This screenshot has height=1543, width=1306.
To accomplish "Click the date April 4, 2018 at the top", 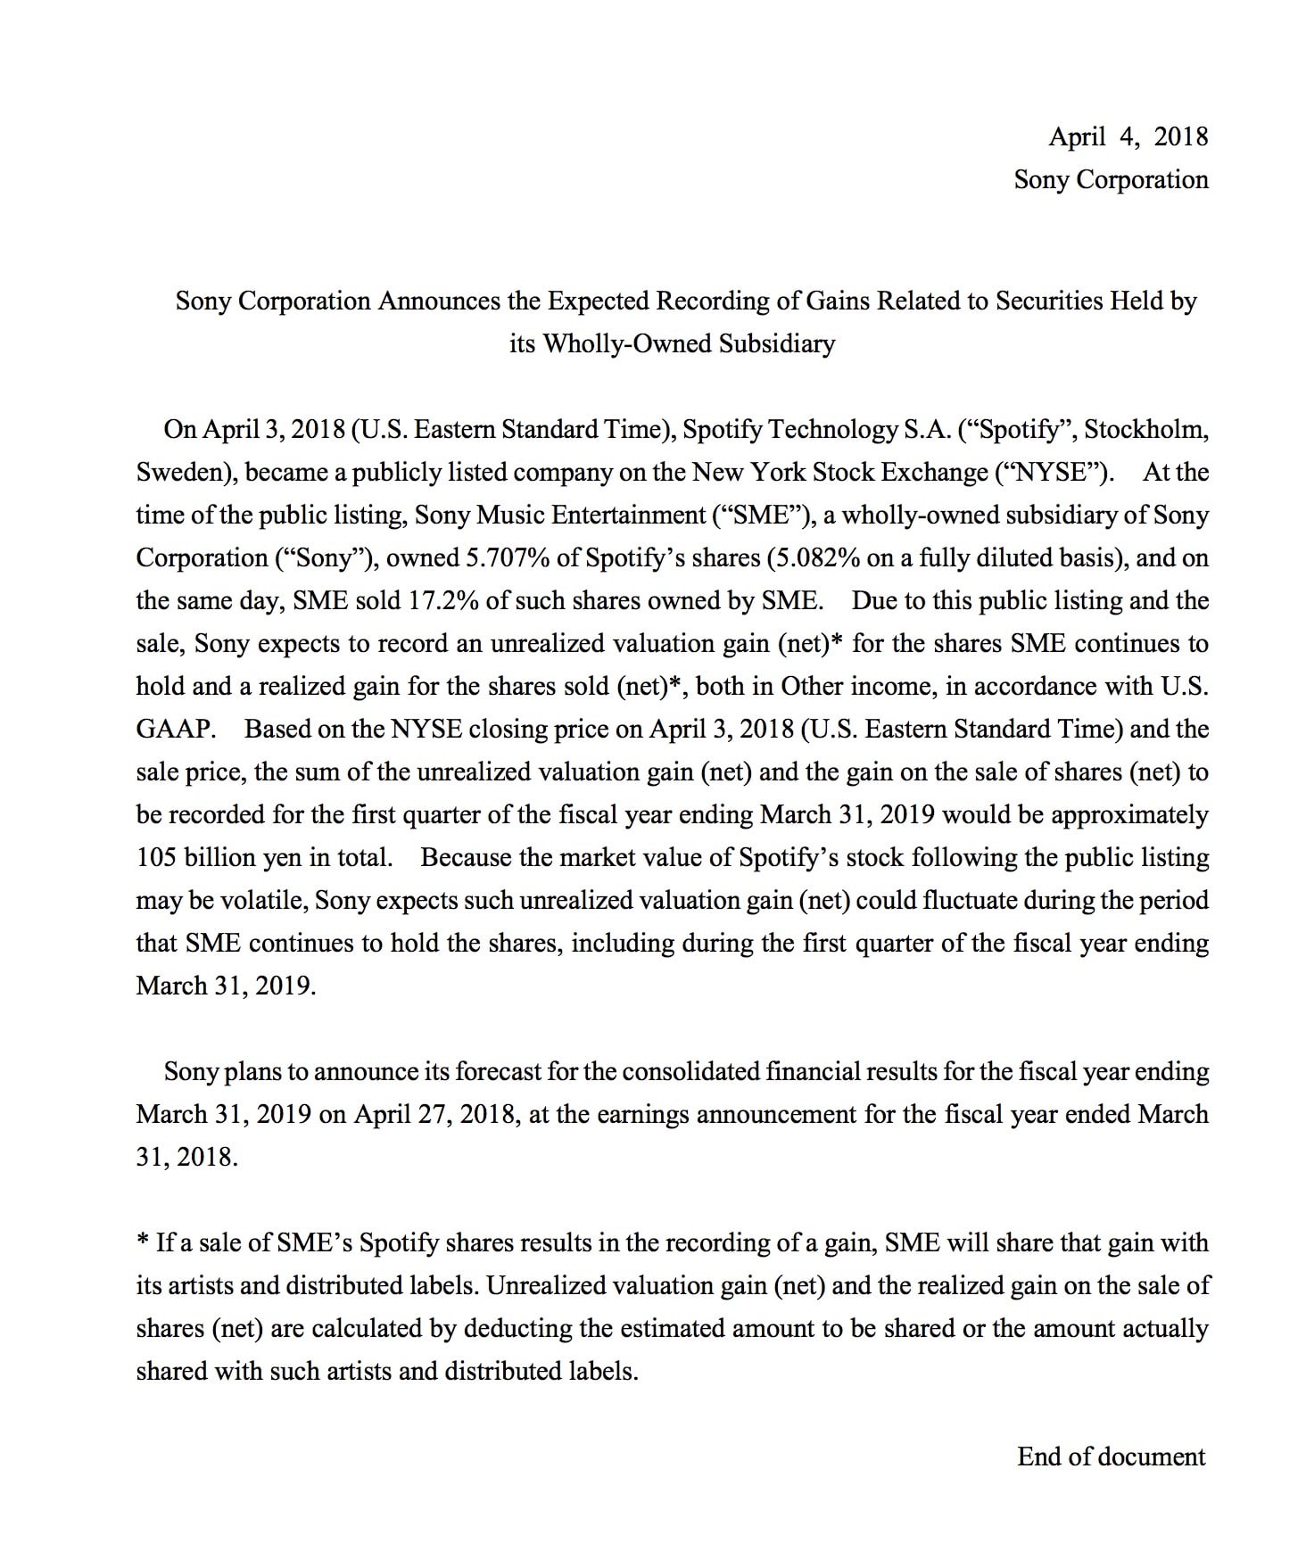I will coord(1128,136).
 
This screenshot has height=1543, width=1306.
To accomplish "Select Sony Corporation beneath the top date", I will coord(1111,179).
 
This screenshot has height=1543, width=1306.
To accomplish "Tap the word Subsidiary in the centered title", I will coord(776,343).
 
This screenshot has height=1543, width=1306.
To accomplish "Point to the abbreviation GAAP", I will coord(174,729).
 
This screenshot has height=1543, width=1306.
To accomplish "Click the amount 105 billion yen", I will coord(219,857).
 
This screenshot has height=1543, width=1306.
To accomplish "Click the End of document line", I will coord(1111,1456).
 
